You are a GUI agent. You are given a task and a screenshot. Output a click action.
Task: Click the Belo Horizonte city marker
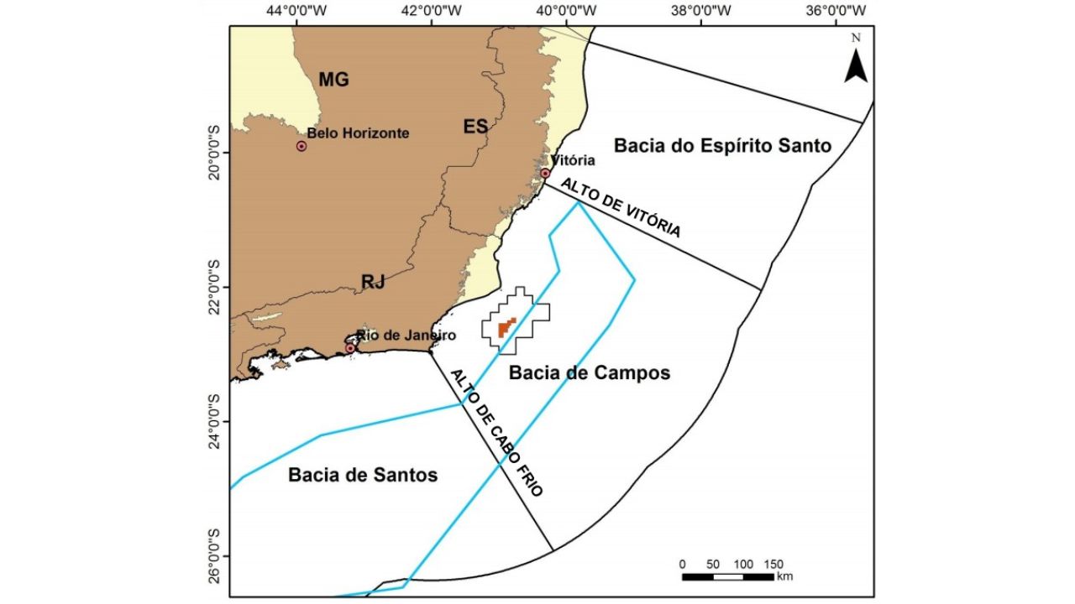point(302,146)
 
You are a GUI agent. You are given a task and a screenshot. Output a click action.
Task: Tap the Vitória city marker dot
point(545,173)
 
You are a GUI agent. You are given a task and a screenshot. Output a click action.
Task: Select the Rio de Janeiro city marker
point(350,348)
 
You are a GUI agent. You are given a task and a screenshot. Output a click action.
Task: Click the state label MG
point(333,80)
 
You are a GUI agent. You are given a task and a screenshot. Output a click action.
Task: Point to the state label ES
point(475,127)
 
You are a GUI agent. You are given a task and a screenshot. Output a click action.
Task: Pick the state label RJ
point(373,282)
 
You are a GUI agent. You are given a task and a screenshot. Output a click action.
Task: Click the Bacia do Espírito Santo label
point(722,146)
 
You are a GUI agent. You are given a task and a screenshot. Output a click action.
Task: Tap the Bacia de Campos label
point(590,372)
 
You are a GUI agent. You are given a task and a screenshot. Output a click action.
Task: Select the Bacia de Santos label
point(363,475)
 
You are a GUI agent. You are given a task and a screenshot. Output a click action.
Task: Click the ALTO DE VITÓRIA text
point(621,207)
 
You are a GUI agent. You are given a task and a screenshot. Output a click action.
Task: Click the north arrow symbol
point(856,61)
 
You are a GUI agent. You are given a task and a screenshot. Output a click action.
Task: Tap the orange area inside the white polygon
point(505,328)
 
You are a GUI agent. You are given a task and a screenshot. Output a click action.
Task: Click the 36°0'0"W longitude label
point(837,11)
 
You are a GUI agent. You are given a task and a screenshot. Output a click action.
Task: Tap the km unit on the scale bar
point(784,576)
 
